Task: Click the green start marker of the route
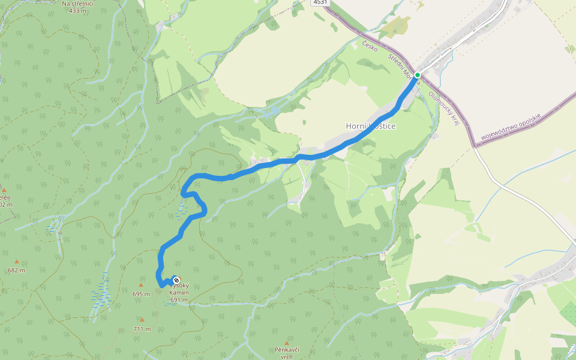[x=417, y=75]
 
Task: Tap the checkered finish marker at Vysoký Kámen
[x=176, y=280]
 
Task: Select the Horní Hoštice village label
[x=371, y=126]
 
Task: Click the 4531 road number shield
[x=320, y=2]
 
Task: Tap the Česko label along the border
[x=370, y=45]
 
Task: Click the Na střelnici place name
[x=78, y=3]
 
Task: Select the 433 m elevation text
[x=78, y=10]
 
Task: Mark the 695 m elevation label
[x=141, y=294]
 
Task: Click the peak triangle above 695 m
[x=141, y=286]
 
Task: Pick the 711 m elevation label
[x=142, y=329]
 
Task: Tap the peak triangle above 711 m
[x=142, y=320]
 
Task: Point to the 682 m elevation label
[x=17, y=270]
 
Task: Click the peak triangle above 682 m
[x=17, y=262]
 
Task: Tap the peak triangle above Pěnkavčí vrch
[x=287, y=343]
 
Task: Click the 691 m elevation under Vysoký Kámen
[x=179, y=300]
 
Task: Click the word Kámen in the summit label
[x=179, y=293]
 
